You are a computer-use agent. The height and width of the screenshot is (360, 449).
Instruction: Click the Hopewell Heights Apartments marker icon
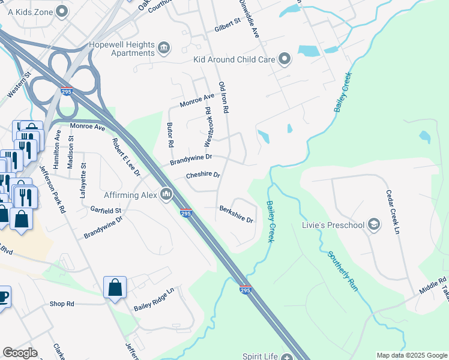point(163,47)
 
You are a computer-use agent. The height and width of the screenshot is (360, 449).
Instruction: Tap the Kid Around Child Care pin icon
point(285,59)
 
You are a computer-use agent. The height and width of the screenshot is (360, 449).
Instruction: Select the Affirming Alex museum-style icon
point(166,194)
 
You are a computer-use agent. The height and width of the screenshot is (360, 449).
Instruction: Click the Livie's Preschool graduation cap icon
point(374,224)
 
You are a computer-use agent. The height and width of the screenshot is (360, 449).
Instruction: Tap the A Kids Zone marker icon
point(61,11)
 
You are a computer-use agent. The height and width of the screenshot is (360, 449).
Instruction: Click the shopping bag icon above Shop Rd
point(115,287)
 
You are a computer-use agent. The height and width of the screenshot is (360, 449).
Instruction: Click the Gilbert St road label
point(227,25)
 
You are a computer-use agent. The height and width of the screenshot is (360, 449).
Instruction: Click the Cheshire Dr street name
point(202,175)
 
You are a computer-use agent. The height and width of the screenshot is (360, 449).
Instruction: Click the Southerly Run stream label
point(343,271)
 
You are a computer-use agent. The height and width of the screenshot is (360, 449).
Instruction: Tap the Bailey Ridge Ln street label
point(154,299)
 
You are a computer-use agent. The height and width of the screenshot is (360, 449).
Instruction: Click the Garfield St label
point(106,211)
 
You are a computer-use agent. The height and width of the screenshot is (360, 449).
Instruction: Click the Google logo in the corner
point(20,353)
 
